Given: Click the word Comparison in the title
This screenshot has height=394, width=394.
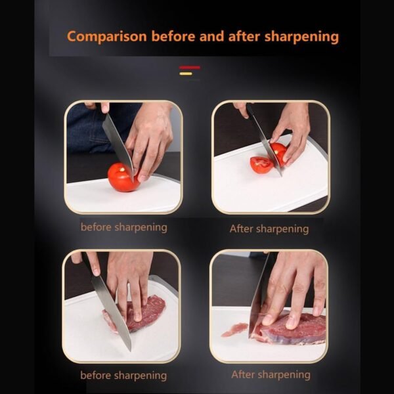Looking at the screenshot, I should [107, 36].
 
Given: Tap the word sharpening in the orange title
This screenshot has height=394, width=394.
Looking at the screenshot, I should [301, 36].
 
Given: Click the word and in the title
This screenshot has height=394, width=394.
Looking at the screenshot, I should [213, 36].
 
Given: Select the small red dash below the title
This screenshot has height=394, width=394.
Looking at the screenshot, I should [190, 67].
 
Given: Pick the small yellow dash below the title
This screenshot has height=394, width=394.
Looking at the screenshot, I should [186, 73].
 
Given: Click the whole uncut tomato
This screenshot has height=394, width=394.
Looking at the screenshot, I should [121, 178].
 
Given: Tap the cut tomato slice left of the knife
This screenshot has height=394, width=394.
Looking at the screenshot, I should [261, 164].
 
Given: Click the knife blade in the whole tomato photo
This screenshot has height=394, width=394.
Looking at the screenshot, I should [118, 141].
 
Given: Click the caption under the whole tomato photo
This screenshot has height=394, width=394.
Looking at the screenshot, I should [123, 227].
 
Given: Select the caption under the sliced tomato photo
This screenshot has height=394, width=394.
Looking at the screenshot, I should [269, 229].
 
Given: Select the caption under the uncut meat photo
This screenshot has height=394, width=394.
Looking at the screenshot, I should [123, 376].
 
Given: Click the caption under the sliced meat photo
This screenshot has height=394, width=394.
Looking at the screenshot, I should [271, 374].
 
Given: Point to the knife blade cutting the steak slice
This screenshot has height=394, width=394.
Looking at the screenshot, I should [258, 299].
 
